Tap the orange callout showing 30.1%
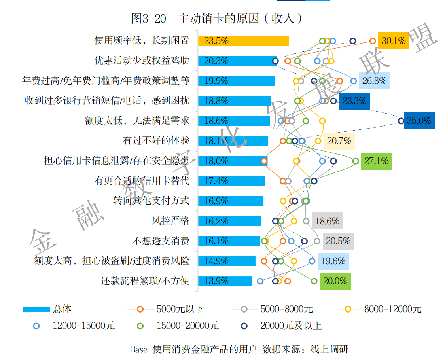[394, 40]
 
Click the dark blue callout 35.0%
[419, 121]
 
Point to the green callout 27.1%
[376, 161]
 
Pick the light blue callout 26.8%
[375, 81]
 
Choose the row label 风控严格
[170, 221]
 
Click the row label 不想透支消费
[161, 241]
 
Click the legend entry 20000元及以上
[291, 326]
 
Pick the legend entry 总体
[62, 309]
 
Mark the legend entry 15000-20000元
[188, 326]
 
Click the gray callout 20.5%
[338, 241]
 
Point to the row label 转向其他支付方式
[151, 201]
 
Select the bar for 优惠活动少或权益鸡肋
[237, 61]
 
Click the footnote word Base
[138, 349]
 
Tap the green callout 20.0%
[335, 281]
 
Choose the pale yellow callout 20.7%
[339, 141]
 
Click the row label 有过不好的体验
[156, 141]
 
